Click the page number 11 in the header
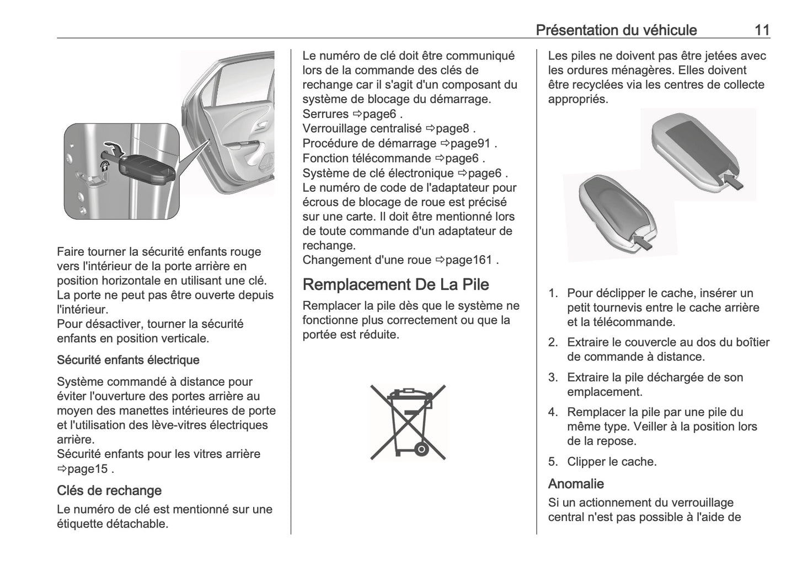click(762, 30)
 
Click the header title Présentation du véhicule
click(616, 30)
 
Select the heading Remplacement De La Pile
click(396, 284)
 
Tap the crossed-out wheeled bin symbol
click(408, 422)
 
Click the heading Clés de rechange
click(109, 490)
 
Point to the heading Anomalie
click(576, 484)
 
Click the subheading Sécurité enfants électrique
click(128, 360)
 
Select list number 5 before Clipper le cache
click(553, 462)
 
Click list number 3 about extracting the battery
click(553, 377)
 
